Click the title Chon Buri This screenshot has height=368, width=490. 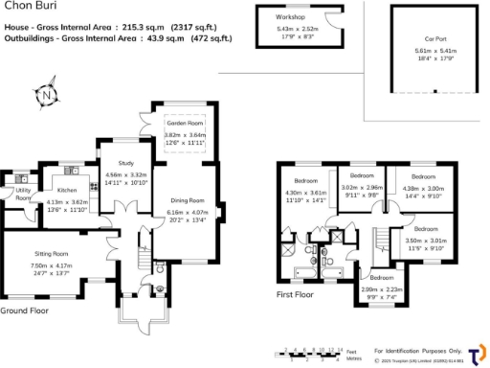pos(24,8)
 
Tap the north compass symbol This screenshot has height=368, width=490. pos(46,95)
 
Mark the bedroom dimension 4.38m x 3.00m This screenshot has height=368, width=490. pos(422,189)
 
